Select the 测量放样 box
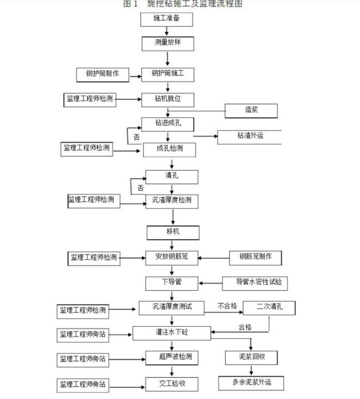tap(168, 44)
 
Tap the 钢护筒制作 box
tap(103, 74)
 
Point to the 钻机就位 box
tap(168, 99)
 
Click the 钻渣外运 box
tap(250, 137)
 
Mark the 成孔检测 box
tap(170, 150)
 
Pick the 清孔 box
tap(171, 177)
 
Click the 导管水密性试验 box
tap(255, 283)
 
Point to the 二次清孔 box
tap(269, 308)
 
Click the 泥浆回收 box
tap(251, 357)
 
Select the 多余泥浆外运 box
tap(251, 383)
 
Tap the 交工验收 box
tap(172, 384)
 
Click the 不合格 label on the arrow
tap(227, 306)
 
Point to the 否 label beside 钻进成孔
tap(136, 137)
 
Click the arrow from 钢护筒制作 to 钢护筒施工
tap(135, 77)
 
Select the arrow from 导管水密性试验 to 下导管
tap(210, 283)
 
